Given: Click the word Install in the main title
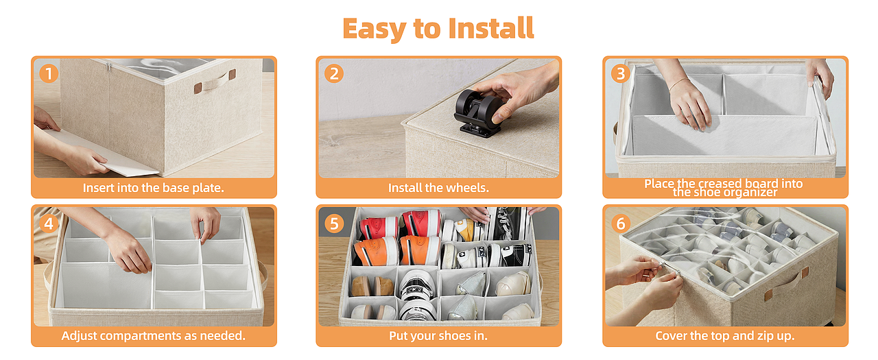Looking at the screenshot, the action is point(490,28).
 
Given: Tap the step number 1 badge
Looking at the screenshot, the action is point(49,73).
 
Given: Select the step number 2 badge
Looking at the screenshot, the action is point(334,73).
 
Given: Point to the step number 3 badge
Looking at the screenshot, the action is point(621,73).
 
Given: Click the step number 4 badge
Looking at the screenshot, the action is point(49,224).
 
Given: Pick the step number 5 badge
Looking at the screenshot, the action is point(334,224).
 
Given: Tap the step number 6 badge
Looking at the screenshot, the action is point(621,224).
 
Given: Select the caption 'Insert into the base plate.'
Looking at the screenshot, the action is point(153,188).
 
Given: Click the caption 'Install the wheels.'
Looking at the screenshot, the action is point(438,188).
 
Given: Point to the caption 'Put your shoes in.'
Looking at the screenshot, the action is point(438,336).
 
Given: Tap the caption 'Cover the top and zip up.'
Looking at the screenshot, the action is point(725,336).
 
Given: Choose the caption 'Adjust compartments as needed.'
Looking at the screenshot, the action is point(153,336).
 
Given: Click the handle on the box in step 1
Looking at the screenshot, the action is point(215,82).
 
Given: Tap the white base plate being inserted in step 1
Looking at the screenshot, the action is point(102,153).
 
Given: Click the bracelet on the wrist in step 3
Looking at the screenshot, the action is point(679,84).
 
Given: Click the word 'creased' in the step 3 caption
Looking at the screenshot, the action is point(720,183).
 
